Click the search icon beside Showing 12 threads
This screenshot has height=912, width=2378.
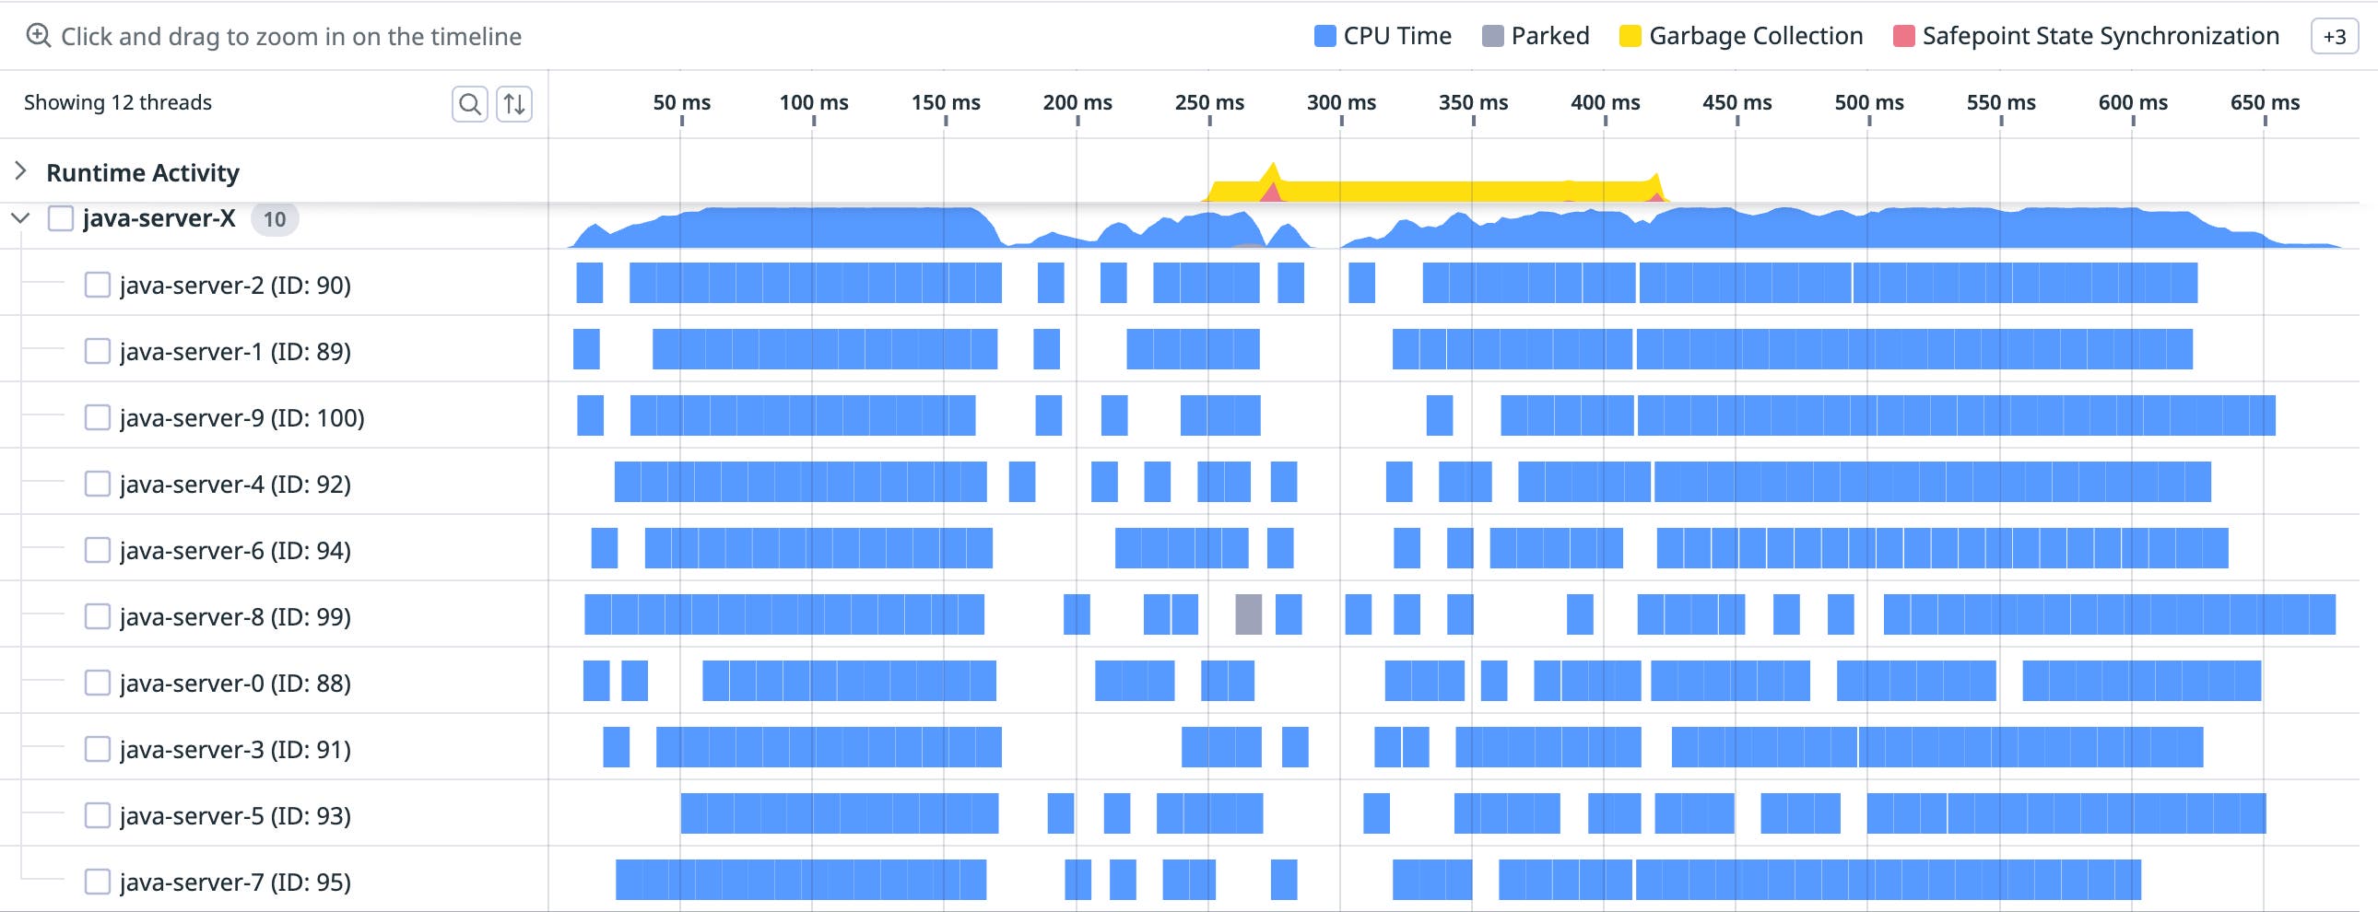(x=469, y=103)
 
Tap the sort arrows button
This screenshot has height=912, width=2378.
(x=514, y=103)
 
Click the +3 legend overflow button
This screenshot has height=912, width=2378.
(x=2334, y=37)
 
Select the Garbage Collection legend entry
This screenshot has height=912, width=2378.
(x=1741, y=36)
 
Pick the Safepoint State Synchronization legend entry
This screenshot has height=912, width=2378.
(x=2086, y=36)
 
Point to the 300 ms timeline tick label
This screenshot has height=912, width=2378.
(x=1340, y=102)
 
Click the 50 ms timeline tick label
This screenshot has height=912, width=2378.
(x=681, y=102)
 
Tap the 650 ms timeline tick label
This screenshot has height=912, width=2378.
(x=2265, y=102)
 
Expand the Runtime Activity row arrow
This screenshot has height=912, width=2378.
(x=20, y=171)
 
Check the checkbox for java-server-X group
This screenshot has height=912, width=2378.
(x=61, y=218)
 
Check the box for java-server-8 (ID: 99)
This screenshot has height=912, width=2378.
(x=97, y=615)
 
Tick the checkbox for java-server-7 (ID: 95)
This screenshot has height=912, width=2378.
(x=97, y=882)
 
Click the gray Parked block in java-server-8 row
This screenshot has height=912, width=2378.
(x=1248, y=614)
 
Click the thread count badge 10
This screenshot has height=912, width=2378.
(x=274, y=219)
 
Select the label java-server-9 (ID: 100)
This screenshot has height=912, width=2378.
(x=241, y=418)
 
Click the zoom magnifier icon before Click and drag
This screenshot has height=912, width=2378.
(x=38, y=36)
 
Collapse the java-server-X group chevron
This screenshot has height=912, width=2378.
(x=20, y=218)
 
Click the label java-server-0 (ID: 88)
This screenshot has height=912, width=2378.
(x=234, y=683)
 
